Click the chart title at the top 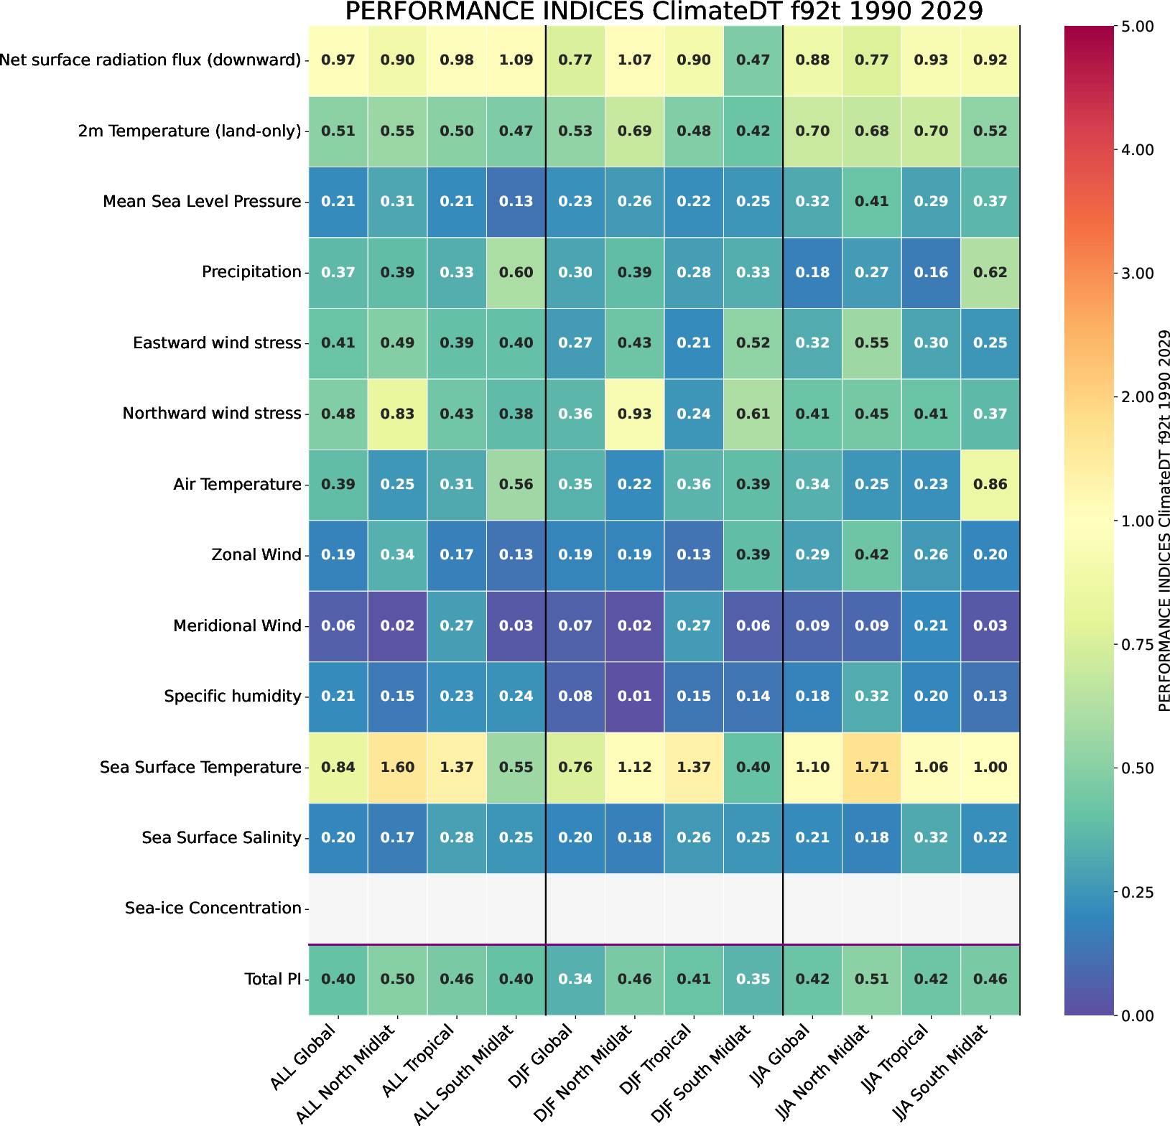pyautogui.click(x=664, y=12)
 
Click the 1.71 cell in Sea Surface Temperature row pyautogui.click(x=871, y=767)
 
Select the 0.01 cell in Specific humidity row pyautogui.click(x=634, y=696)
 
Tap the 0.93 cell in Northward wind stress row pyautogui.click(x=634, y=414)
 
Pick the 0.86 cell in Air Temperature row pyautogui.click(x=990, y=484)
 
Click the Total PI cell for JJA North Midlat pyautogui.click(x=871, y=979)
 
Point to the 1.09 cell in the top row pyautogui.click(x=516, y=60)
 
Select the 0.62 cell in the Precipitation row pyautogui.click(x=990, y=272)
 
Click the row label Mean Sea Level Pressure pyautogui.click(x=202, y=202)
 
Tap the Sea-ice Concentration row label pyautogui.click(x=213, y=908)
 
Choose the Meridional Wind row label pyautogui.click(x=237, y=626)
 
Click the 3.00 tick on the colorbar pyautogui.click(x=1137, y=274)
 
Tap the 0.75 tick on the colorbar pyautogui.click(x=1137, y=645)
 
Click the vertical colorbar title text pyautogui.click(x=1164, y=521)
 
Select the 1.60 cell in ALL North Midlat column pyautogui.click(x=397, y=767)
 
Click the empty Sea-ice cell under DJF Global pyautogui.click(x=575, y=908)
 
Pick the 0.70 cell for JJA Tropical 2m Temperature pyautogui.click(x=931, y=131)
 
